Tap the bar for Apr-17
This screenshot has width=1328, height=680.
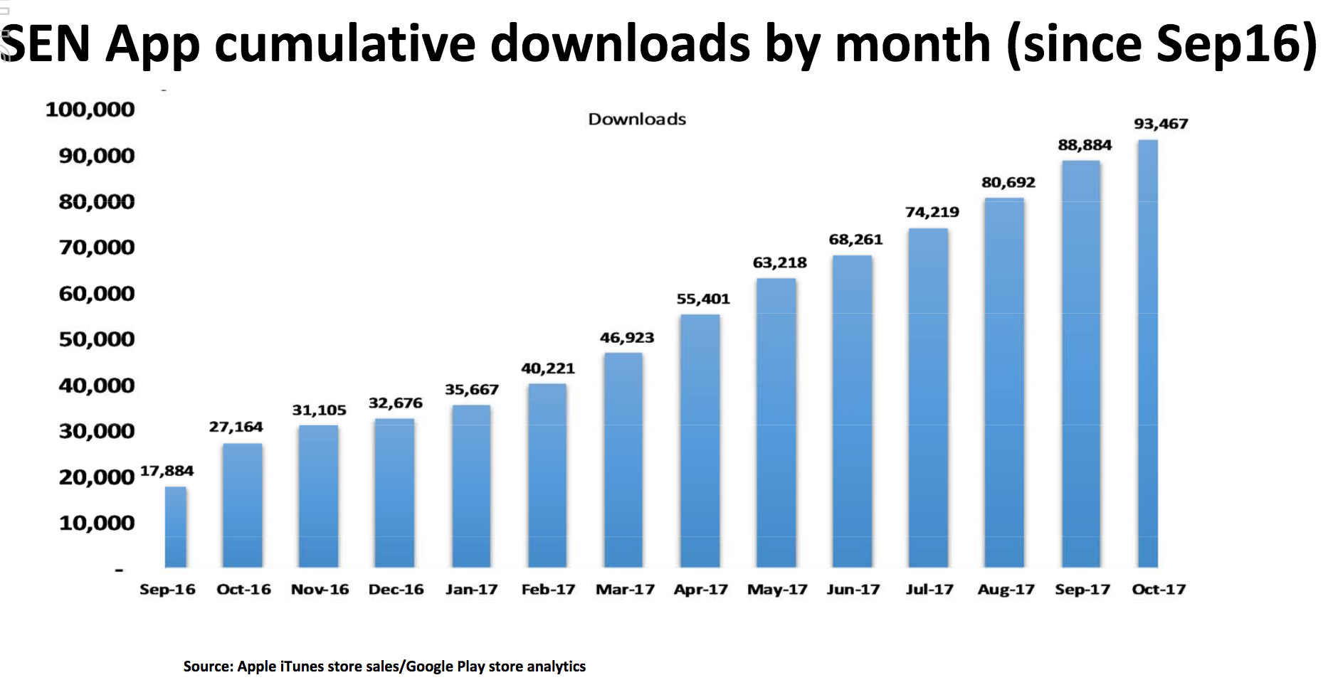pos(700,441)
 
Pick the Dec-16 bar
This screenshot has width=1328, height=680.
pos(394,493)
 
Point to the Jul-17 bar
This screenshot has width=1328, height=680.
pos(928,398)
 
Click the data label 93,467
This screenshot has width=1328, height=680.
pos(1161,124)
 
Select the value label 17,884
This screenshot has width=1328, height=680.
pos(167,471)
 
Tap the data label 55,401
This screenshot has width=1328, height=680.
pos(703,299)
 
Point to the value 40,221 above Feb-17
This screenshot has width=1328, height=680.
pos(547,368)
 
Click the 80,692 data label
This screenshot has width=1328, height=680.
pos(1008,183)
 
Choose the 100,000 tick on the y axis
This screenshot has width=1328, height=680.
pos(90,110)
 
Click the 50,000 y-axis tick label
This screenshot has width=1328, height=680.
pos(97,339)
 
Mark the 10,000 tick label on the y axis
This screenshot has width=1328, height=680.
pos(97,523)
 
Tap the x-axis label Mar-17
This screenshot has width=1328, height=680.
pos(625,590)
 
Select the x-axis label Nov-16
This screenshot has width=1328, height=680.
pos(320,590)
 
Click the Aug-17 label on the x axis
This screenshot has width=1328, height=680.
pos(1006,590)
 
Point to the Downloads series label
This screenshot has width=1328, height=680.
pos(637,119)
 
